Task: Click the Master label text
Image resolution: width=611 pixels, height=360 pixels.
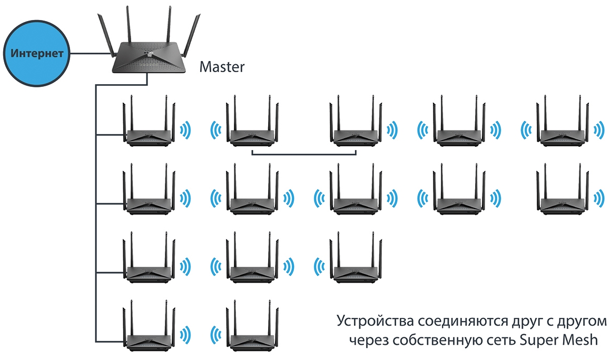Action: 222,67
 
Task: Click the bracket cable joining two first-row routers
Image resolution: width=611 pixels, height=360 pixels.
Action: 304,154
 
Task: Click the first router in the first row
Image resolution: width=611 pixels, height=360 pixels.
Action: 150,132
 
